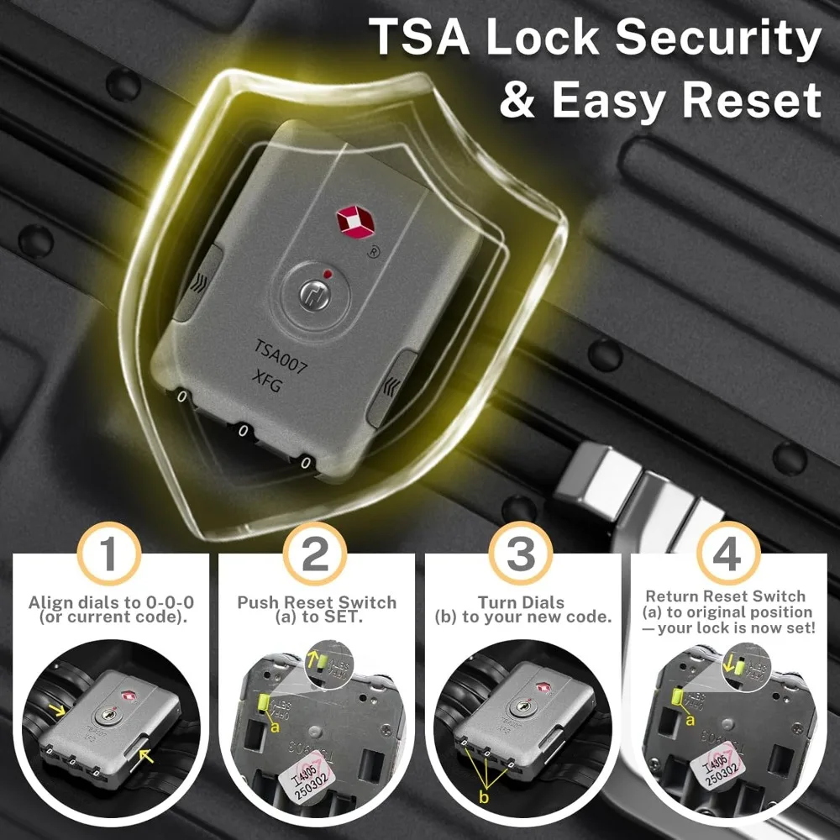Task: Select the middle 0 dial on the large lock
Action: [x=244, y=434]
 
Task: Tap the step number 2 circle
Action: [x=314, y=554]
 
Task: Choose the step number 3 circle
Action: [x=521, y=554]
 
